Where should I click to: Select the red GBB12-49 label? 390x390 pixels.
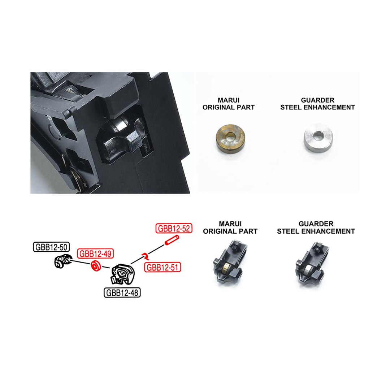tap(95, 253)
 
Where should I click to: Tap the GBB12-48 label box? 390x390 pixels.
tap(122, 292)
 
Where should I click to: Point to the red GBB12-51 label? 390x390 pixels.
tap(162, 267)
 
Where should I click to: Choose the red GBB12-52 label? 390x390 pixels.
tap(173, 228)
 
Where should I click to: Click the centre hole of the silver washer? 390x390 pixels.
tap(317, 136)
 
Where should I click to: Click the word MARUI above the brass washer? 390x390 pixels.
tap(228, 100)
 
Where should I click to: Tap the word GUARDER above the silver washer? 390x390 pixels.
tap(317, 100)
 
